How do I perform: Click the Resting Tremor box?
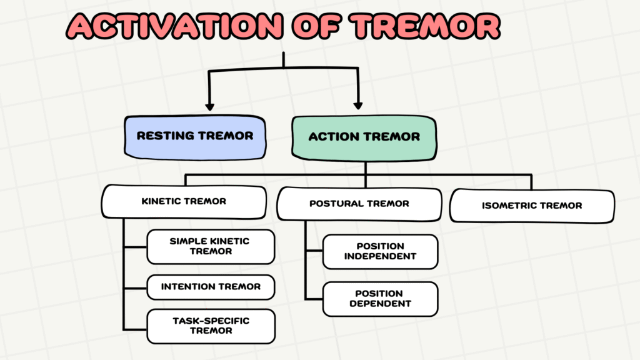195,136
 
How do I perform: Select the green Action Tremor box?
364,136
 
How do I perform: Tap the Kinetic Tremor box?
184,201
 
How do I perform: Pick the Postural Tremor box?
359,203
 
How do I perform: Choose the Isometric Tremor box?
532,206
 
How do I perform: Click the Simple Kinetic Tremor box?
211,246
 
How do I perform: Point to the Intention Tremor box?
211,287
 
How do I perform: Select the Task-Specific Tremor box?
211,326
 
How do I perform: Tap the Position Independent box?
380,251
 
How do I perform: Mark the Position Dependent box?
380,299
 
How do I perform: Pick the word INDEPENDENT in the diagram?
380,256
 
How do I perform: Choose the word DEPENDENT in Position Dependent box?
380,304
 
